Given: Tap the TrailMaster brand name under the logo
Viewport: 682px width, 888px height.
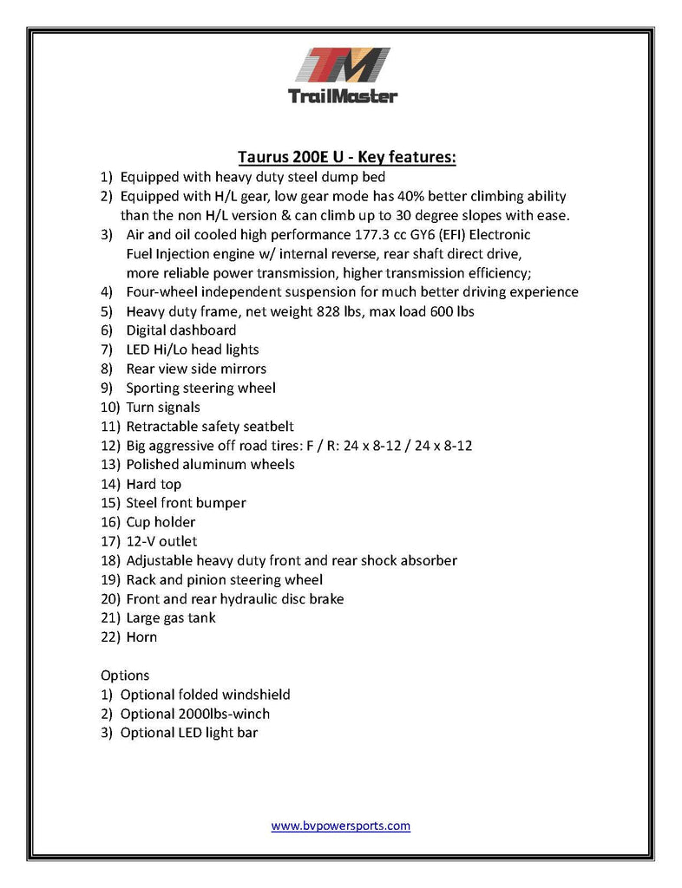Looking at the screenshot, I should (x=341, y=95).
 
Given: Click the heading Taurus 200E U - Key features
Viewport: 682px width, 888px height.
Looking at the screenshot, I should (x=347, y=157).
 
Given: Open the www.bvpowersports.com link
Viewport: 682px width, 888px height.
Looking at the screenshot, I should (x=340, y=826).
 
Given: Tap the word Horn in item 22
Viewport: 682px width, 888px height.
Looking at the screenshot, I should (x=141, y=637).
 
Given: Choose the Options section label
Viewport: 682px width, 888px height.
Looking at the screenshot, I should (x=125, y=676).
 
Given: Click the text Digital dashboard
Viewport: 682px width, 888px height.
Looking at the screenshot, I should (x=180, y=330).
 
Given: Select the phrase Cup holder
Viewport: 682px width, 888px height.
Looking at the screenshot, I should (x=161, y=522).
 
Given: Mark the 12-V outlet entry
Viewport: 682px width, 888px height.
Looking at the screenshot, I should (x=161, y=541).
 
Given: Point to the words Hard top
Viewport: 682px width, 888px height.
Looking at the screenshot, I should (x=154, y=484).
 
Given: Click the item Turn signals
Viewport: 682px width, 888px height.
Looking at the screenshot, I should (x=163, y=407).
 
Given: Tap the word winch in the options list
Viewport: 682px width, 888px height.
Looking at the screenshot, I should (x=251, y=714).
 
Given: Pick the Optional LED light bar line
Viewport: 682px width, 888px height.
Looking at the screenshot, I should (x=188, y=733).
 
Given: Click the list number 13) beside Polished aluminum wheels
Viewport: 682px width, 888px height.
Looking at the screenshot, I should (x=110, y=465).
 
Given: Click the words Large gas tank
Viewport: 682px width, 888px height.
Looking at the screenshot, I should (x=171, y=618).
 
